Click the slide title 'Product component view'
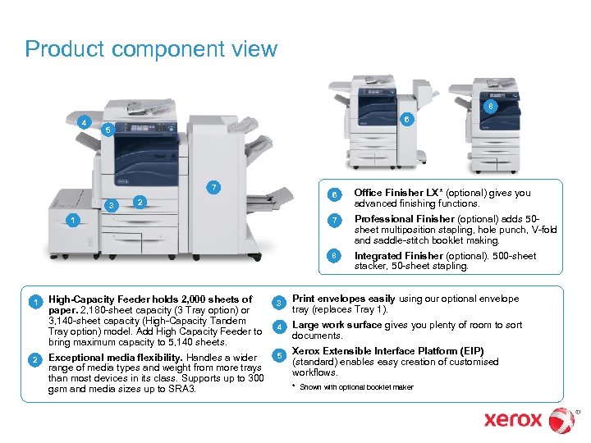[x=151, y=50]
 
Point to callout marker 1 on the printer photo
[x=73, y=220]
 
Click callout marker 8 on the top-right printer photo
[x=490, y=107]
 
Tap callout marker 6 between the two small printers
[x=403, y=120]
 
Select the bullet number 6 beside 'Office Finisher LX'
[x=333, y=194]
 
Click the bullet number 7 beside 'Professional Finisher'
[x=333, y=220]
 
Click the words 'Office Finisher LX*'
[x=397, y=194]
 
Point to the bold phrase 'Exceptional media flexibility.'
[x=116, y=358]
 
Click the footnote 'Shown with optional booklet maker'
[x=356, y=387]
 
